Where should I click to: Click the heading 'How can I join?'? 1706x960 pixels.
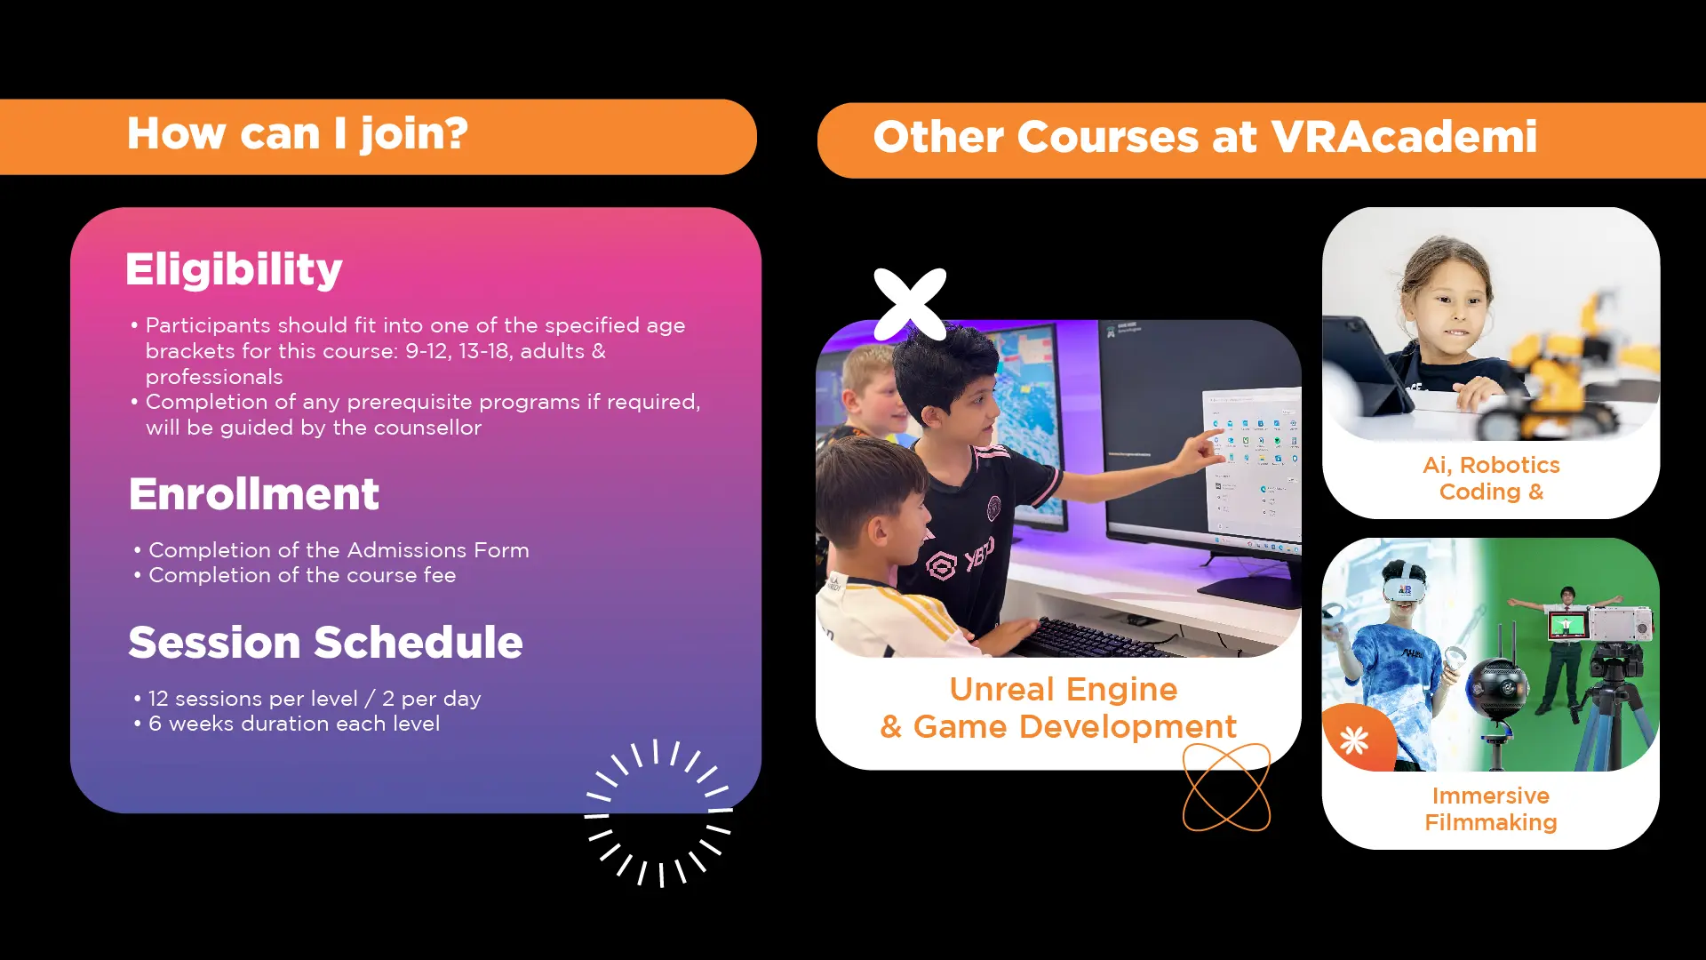298,135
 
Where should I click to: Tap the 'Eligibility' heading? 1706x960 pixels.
234,270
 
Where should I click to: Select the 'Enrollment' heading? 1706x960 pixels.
254,493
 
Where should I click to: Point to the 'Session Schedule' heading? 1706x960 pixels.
325,642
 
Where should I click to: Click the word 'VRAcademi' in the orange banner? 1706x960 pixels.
1404,137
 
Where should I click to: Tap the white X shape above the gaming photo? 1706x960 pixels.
910,304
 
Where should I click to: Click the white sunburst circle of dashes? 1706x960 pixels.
658,812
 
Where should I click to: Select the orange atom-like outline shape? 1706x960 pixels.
1226,788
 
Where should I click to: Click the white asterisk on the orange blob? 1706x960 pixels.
1354,740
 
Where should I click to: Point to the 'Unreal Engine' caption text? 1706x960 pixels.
1064,689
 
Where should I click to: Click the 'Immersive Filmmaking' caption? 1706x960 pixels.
1491,809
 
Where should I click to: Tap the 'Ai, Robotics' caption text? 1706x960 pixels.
1491,465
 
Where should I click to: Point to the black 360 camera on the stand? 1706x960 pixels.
1498,688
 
